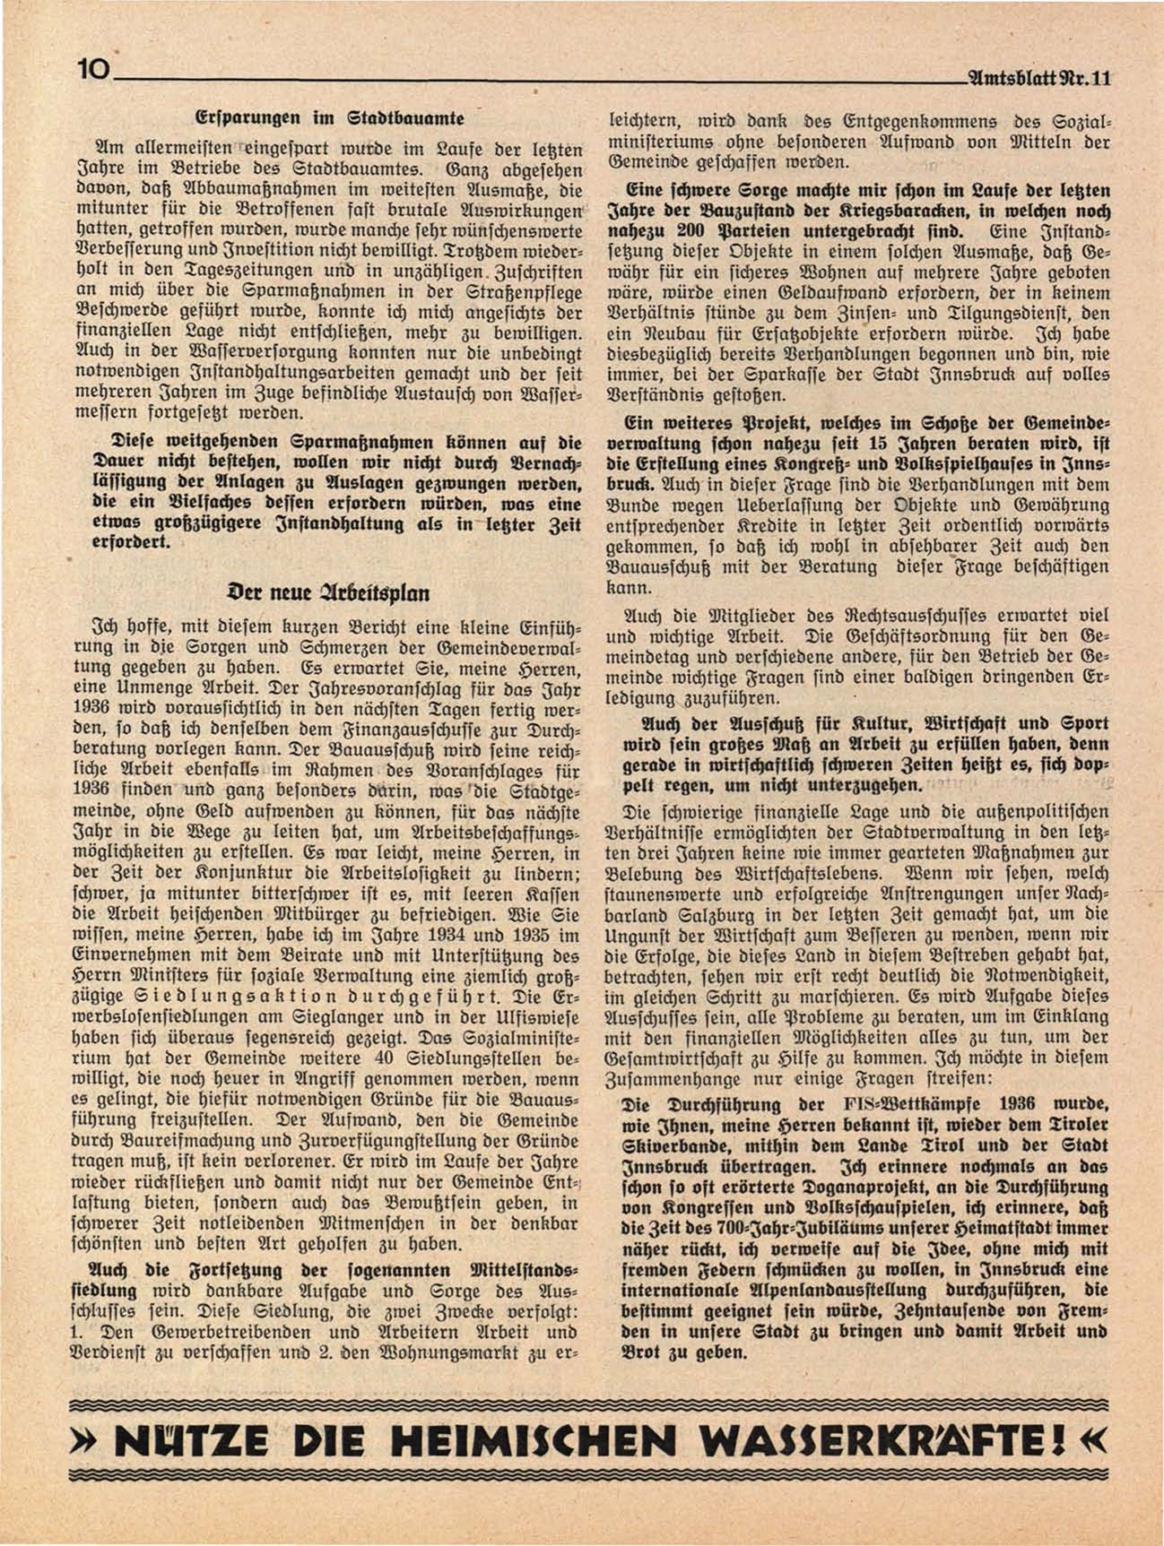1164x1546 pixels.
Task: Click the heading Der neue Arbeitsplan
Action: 329,592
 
